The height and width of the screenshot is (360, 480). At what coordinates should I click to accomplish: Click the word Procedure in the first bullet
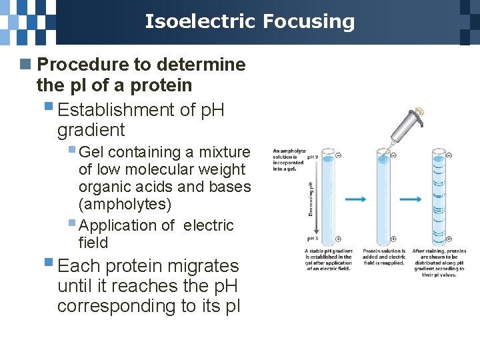[x=82, y=65]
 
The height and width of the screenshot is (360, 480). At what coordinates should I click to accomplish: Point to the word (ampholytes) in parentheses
[x=125, y=204]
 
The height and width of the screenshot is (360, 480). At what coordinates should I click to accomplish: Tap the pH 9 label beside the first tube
[x=312, y=157]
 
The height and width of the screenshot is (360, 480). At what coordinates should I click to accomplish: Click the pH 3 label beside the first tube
[x=312, y=238]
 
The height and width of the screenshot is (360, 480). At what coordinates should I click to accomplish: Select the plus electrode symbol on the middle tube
[x=393, y=239]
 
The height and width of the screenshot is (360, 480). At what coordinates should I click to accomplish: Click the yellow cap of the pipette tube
[x=420, y=111]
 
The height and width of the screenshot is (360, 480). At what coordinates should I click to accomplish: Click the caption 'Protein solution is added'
[x=383, y=257]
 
